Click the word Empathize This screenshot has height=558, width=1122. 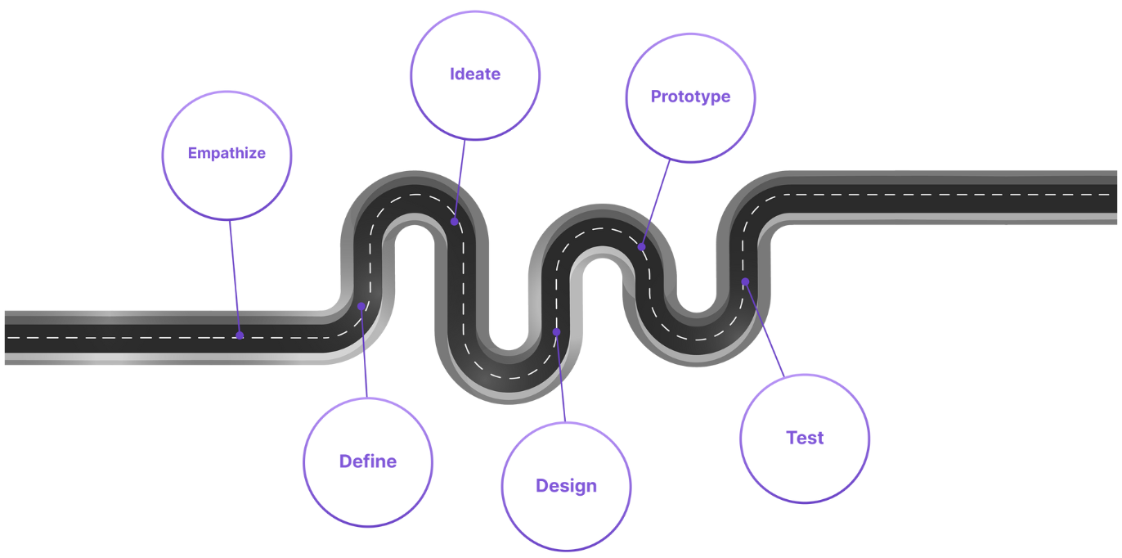[x=227, y=153]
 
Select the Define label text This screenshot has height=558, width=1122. [x=368, y=461]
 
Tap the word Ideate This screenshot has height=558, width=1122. [x=475, y=74]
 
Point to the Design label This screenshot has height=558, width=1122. [x=566, y=486]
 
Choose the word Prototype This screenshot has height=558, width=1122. [x=690, y=97]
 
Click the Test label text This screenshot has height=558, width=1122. [x=805, y=438]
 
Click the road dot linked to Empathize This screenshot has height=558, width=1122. [x=240, y=335]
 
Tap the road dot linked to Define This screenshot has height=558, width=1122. [x=361, y=306]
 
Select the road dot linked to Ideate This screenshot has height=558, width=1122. [x=455, y=221]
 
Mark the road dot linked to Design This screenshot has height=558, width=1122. [x=556, y=332]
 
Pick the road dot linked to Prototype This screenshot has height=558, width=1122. [x=642, y=246]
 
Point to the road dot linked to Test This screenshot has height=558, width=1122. [x=745, y=281]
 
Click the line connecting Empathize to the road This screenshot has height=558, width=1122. [x=235, y=277]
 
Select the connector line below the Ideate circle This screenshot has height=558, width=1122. [x=460, y=180]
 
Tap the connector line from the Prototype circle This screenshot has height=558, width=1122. [x=656, y=203]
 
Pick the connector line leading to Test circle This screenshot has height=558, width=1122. [x=765, y=329]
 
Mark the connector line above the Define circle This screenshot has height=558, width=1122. [x=364, y=352]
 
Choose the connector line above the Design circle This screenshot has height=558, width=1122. [x=561, y=377]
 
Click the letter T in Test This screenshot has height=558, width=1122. [x=792, y=438]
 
